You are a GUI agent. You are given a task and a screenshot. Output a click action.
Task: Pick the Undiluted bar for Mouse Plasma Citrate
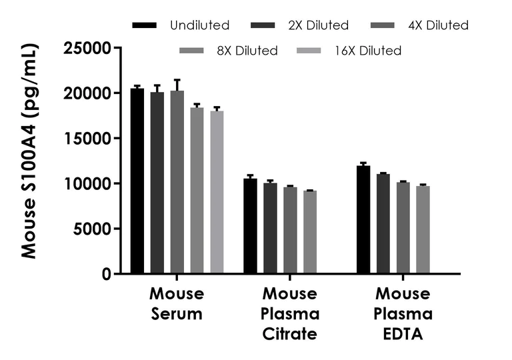(x=250, y=226)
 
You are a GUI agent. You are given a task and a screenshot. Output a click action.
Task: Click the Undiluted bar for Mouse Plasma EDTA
(x=363, y=220)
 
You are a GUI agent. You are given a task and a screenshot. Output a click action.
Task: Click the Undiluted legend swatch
(x=145, y=25)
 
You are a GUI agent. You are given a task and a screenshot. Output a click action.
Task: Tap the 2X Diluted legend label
(x=318, y=25)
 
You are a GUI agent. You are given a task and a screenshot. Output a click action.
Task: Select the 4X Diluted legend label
(x=438, y=25)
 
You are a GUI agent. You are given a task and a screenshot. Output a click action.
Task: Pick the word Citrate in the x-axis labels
(x=290, y=334)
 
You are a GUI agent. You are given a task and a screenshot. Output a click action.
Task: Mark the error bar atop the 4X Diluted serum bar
(x=177, y=85)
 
